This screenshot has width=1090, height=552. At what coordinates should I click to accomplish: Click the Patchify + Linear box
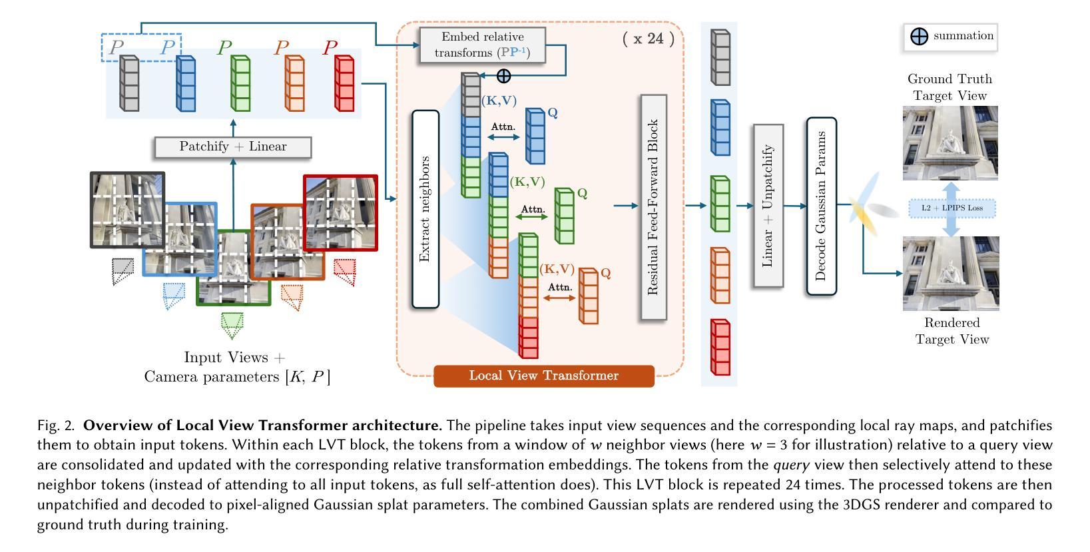pos(233,147)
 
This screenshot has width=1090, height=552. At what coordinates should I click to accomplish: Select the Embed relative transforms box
pos(483,45)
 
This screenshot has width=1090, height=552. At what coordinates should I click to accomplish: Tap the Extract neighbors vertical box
pos(425,209)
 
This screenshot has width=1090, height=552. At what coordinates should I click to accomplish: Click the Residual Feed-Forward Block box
pos(653,207)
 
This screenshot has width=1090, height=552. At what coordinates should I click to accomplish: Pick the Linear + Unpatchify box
pos(768,206)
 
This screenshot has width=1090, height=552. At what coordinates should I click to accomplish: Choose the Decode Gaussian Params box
pos(821,206)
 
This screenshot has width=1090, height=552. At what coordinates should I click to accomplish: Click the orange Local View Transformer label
pos(544,376)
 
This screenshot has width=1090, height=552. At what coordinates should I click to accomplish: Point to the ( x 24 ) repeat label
pos(648,38)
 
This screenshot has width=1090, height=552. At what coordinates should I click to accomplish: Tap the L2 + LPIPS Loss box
pos(952,208)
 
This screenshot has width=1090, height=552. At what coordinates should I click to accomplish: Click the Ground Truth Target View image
pos(950,142)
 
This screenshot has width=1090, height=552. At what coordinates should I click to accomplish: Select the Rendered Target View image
pos(950,273)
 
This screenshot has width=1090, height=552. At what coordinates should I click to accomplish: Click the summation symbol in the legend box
pos(919,37)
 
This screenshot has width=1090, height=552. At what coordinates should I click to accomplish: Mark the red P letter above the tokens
pos(330,48)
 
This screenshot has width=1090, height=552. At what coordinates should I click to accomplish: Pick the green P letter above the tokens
pos(224,48)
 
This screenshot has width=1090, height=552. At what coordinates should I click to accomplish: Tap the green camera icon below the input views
pos(232,325)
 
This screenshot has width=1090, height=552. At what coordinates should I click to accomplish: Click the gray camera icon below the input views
pos(123,271)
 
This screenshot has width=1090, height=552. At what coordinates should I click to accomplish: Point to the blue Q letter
pos(553,113)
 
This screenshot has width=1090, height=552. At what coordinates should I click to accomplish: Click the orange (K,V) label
pos(557,269)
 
